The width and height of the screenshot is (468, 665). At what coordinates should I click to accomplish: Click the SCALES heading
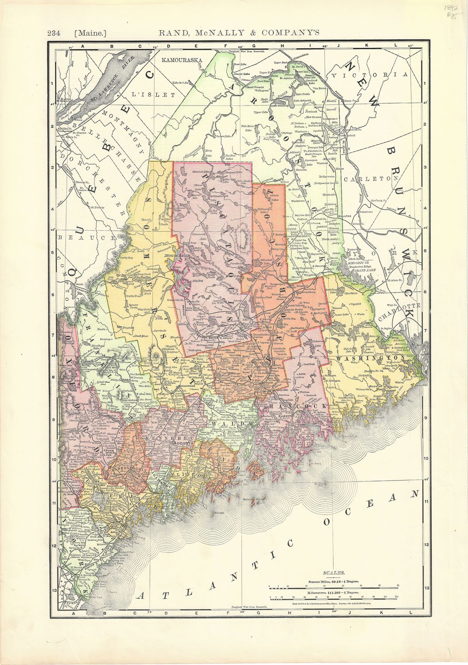(x=332, y=573)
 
